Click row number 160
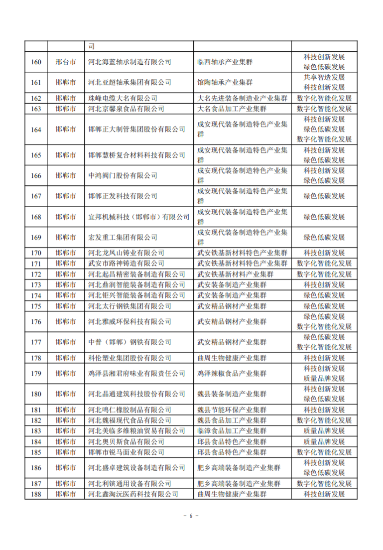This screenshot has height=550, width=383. (36, 62)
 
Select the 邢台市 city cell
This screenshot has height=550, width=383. (66, 62)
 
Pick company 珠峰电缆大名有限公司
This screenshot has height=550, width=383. (122, 98)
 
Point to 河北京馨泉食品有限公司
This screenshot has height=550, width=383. (122, 109)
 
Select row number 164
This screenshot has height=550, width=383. (36, 130)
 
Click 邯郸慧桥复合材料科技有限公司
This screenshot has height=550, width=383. (136, 155)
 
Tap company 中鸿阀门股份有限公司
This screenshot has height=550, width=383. (122, 175)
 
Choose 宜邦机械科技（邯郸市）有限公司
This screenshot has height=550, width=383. (138, 217)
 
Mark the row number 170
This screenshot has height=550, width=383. (36, 253)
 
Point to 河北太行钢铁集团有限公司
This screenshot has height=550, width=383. (129, 306)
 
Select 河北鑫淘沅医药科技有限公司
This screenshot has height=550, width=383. (132, 494)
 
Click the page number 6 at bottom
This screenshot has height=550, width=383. (191, 516)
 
